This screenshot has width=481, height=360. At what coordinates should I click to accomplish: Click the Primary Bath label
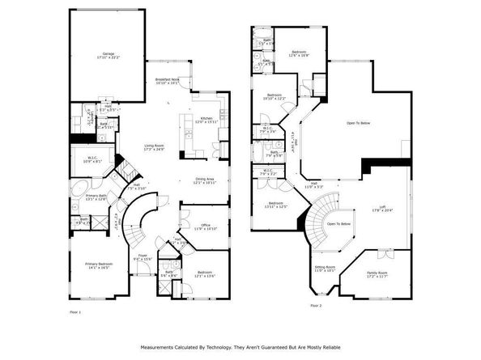96,197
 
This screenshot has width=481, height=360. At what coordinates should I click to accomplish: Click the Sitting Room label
325,269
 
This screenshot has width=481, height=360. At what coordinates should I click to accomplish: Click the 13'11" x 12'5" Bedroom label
276,205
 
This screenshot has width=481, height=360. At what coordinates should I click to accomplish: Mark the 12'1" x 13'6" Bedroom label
205,274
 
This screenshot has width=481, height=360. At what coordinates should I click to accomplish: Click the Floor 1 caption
75,311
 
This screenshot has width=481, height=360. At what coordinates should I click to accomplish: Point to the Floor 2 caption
315,306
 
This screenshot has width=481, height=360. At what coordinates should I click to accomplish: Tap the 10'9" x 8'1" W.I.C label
95,159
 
